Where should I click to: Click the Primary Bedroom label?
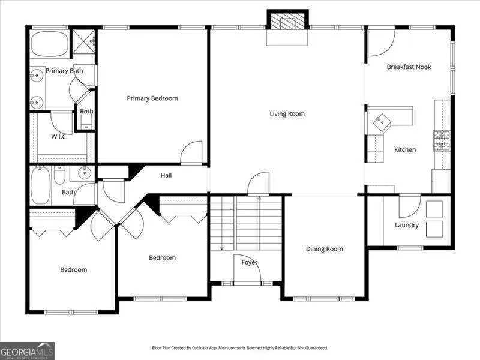(x=152, y=98)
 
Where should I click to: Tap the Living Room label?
(x=287, y=114)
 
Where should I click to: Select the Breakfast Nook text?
(x=409, y=67)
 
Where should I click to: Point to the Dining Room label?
(x=325, y=249)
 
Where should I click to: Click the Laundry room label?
(x=407, y=225)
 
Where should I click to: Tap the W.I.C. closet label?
(x=59, y=137)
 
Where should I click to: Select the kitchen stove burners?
(x=442, y=140)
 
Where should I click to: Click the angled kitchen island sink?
(x=382, y=122)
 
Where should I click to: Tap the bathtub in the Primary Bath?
(x=50, y=44)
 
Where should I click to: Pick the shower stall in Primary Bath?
(x=84, y=41)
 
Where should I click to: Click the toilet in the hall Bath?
(x=59, y=175)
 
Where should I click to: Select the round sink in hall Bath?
(x=85, y=173)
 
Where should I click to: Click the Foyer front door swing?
(x=247, y=268)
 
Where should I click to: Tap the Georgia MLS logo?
(x=27, y=350)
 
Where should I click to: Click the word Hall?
(x=166, y=175)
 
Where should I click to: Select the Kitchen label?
(x=405, y=149)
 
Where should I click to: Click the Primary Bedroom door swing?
(x=191, y=152)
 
